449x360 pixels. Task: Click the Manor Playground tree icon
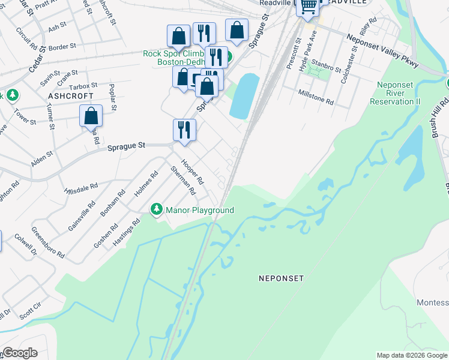pos(157,209)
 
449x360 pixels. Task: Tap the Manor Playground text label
pos(199,210)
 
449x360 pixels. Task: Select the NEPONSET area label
pos(281,278)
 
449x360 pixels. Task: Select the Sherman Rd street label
pos(183,181)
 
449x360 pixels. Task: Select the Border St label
pos(62,46)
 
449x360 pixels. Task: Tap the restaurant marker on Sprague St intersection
pos(184,129)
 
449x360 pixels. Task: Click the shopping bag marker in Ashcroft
pos(91,115)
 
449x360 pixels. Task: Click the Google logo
pos(20,353)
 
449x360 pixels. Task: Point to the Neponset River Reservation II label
pos(395,93)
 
